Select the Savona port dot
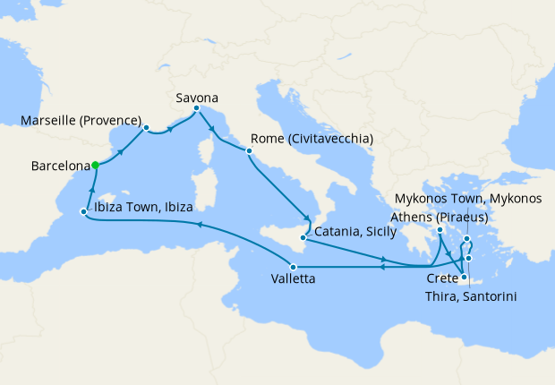pos(196,108)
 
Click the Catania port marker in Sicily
pos(304,239)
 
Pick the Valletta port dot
pos(293,266)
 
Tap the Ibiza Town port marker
pos(83,212)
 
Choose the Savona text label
pos(196,97)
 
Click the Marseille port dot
pos(145,127)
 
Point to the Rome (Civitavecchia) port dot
pos(249,151)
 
